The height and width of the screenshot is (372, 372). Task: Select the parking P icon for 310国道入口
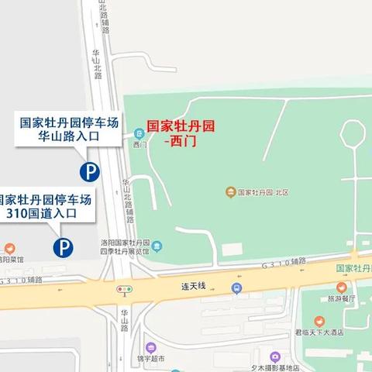tap(63, 247)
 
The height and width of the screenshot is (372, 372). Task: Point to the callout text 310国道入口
tap(46, 213)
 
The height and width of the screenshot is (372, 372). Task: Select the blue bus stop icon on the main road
tap(235, 288)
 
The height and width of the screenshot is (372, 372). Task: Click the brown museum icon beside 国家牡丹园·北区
tap(230, 191)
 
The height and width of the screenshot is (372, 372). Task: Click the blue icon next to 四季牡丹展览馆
tap(158, 247)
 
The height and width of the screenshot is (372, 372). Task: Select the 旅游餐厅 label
tap(342, 298)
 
